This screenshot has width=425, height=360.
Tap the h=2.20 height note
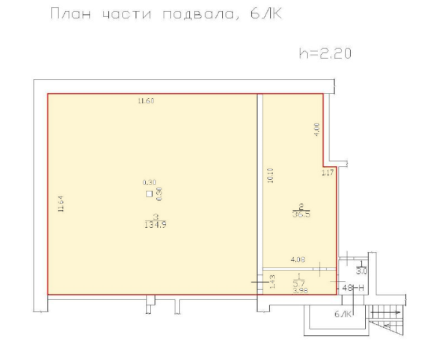(325, 53)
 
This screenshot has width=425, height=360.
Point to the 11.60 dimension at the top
(146, 101)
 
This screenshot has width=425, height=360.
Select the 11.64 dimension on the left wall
(61, 203)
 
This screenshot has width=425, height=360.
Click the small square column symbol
(149, 194)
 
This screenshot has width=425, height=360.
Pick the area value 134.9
(156, 225)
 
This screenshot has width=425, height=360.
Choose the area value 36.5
(302, 214)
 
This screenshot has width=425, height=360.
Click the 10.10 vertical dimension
(270, 175)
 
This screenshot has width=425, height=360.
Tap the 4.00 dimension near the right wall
(317, 129)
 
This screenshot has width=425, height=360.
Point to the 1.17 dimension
(327, 172)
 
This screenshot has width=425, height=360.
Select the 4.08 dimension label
(298, 260)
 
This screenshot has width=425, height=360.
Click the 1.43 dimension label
(273, 281)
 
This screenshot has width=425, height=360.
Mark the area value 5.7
(299, 284)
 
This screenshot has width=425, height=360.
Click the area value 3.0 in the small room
(361, 271)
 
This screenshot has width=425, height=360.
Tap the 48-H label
(353, 287)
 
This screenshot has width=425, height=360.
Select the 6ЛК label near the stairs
(343, 314)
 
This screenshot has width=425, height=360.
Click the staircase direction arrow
(386, 313)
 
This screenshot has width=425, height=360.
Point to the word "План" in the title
(71, 14)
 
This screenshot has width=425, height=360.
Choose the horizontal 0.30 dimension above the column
(149, 183)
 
